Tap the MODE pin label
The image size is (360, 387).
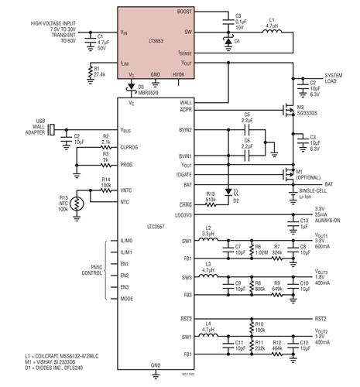tap(128, 297)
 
